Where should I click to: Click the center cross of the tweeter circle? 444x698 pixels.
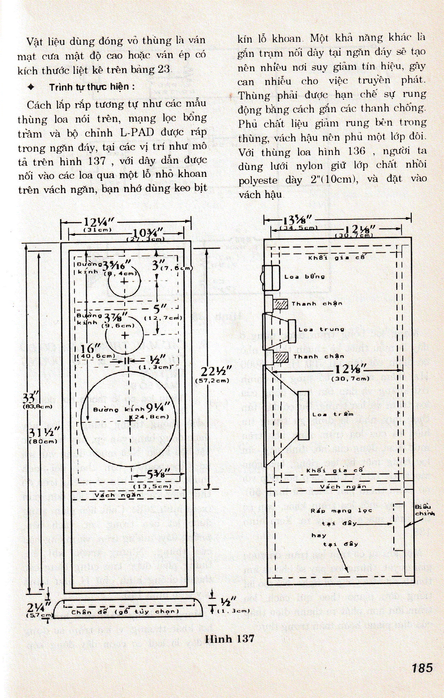[124, 281]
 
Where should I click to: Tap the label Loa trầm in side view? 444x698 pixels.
[333, 414]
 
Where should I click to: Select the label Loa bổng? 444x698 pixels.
[305, 277]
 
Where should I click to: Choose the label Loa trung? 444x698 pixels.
[321, 329]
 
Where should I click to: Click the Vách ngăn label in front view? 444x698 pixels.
[117, 495]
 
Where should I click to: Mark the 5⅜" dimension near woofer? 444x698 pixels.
[159, 474]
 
